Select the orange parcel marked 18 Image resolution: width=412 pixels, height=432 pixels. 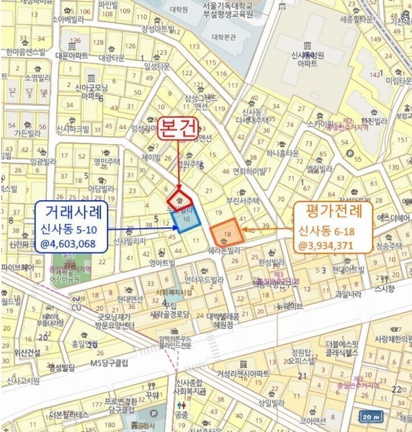[x=225, y=233]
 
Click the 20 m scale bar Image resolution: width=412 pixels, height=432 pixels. [x=371, y=417]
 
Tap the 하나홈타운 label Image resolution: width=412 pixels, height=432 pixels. [x=282, y=153]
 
